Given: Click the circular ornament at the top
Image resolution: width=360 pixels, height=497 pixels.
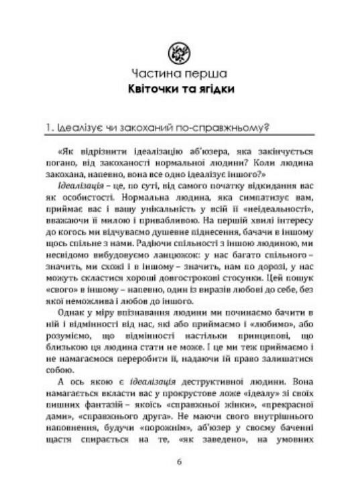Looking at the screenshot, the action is click(x=179, y=51).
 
